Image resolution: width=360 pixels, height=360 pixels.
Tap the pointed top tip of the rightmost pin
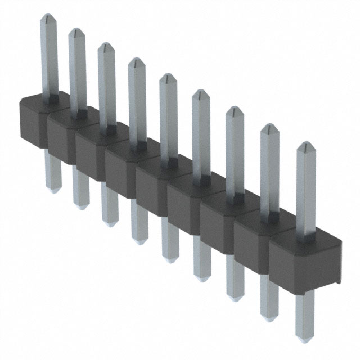pos(305,145)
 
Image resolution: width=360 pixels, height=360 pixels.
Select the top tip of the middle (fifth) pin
pos(167,76)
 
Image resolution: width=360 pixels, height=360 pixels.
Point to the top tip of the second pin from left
pos(76,31)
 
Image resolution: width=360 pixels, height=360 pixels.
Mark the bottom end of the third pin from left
pos(110,223)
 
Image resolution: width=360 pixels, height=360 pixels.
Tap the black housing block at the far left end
pos(35,121)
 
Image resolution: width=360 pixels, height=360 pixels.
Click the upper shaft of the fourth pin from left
pos(137,107)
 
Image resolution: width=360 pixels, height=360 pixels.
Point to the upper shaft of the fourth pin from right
pos(201,135)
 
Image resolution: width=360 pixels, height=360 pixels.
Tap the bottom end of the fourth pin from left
pos(139,240)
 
